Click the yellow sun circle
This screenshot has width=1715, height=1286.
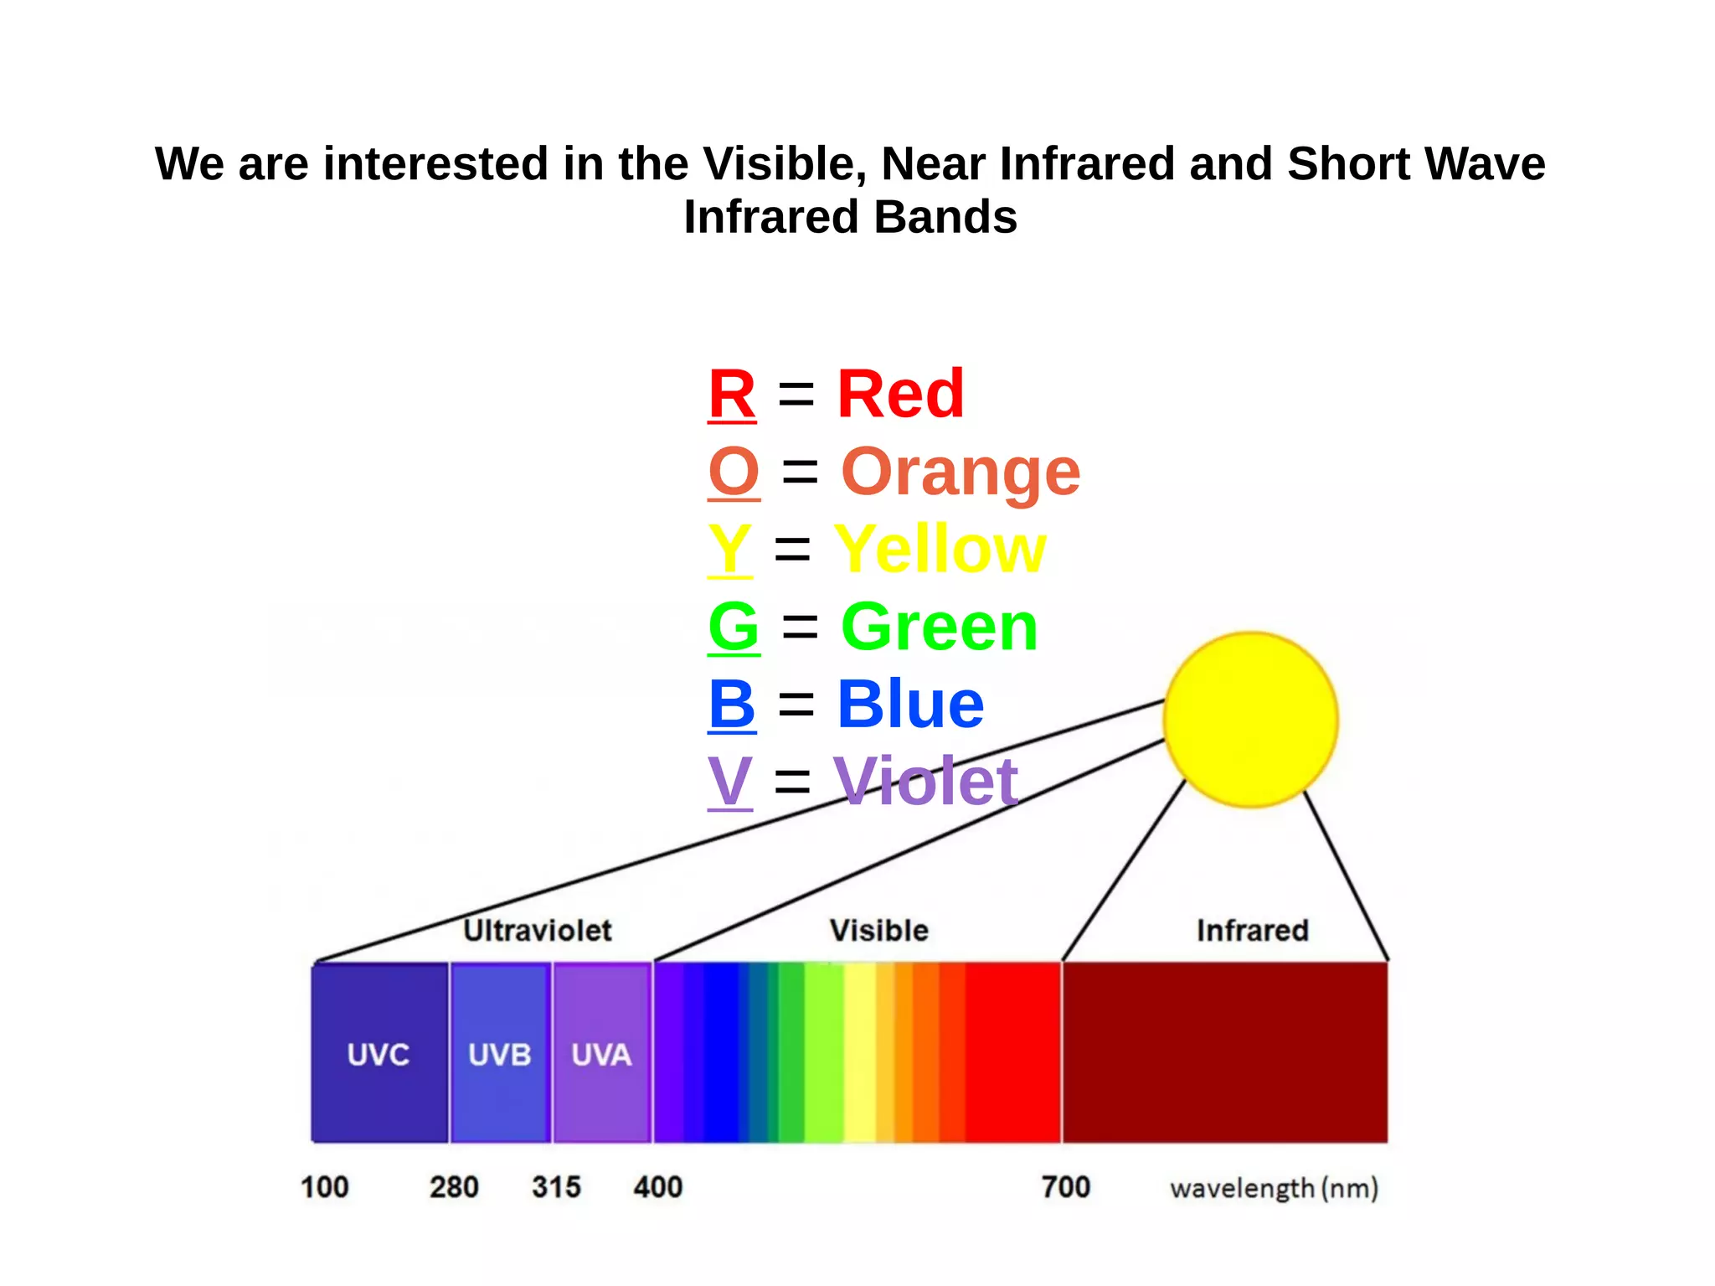(1250, 720)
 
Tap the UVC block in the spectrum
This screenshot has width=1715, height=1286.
(379, 1053)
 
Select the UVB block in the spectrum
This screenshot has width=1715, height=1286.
(500, 1053)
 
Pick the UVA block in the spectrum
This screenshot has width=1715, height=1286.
(601, 1053)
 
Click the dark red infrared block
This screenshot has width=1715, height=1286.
(1224, 1052)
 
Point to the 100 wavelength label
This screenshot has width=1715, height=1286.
(324, 1186)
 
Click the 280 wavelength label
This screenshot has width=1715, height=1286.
(454, 1186)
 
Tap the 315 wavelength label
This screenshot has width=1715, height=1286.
(556, 1186)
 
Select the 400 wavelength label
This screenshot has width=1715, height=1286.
(658, 1186)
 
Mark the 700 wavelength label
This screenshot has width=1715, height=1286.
(1065, 1186)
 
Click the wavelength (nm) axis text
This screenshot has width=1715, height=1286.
(1274, 1188)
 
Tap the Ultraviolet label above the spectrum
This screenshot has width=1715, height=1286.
(538, 930)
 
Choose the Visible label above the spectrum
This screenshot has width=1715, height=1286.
(878, 930)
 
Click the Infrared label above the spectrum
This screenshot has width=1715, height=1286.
(1252, 930)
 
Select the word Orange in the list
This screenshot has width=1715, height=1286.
(961, 472)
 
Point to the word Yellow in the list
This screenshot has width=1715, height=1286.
(940, 549)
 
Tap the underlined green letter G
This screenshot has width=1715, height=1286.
(734, 627)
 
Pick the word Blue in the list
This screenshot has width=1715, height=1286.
(910, 704)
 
